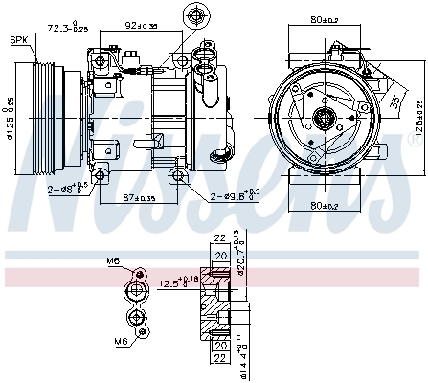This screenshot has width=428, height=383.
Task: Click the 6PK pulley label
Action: click(18, 40)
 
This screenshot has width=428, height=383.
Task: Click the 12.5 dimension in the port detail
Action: click(175, 282)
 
